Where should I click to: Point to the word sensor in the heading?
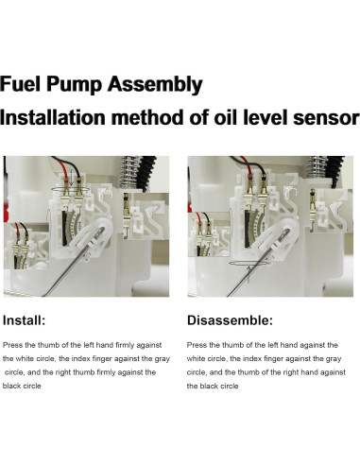click(x=319, y=119)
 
